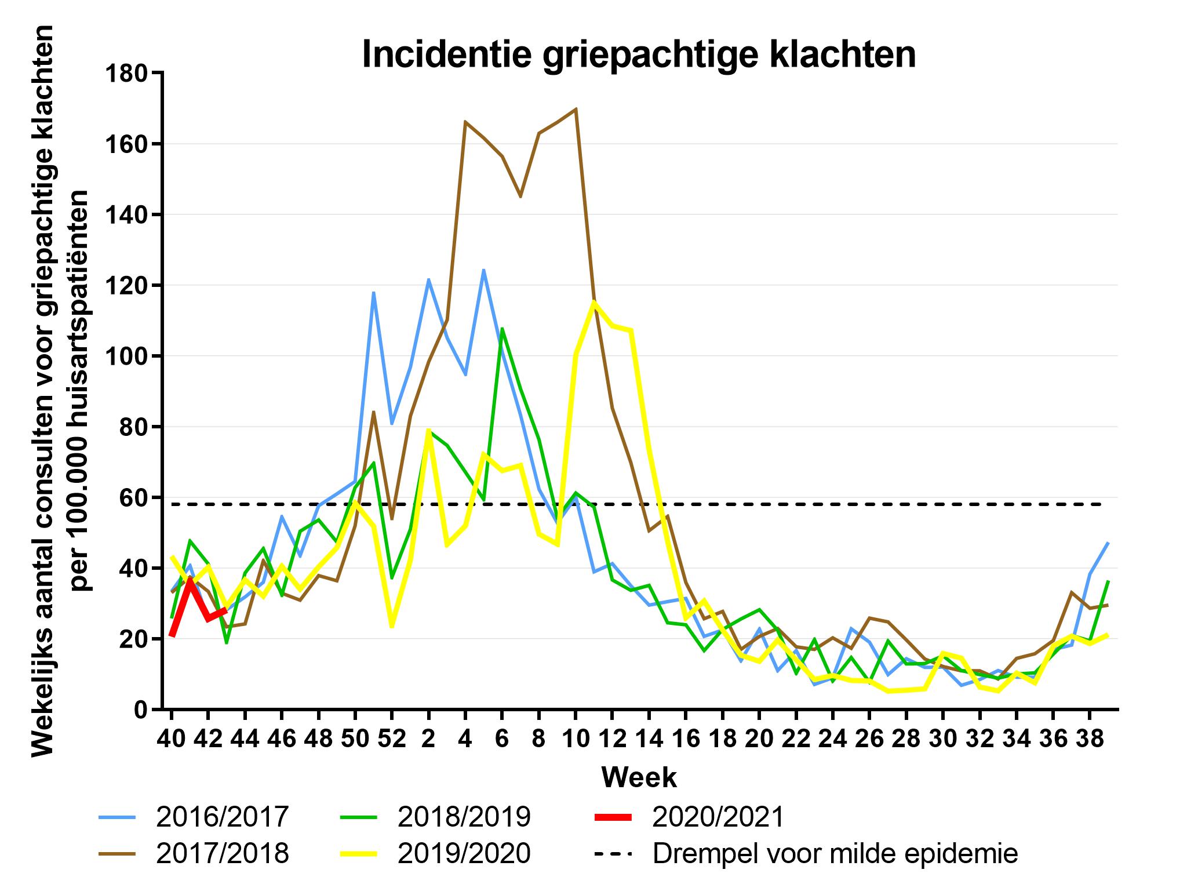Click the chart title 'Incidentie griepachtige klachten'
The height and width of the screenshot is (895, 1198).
[x=639, y=54]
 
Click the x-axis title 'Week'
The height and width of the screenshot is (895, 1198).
[x=639, y=777]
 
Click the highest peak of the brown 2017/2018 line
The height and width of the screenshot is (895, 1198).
[x=576, y=109]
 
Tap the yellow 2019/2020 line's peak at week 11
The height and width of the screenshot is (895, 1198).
[x=593, y=301]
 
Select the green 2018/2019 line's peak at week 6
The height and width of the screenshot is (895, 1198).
[x=502, y=329]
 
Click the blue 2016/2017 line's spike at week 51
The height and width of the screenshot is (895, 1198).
[x=374, y=293]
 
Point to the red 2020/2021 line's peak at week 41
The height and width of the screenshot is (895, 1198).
[x=190, y=579]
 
